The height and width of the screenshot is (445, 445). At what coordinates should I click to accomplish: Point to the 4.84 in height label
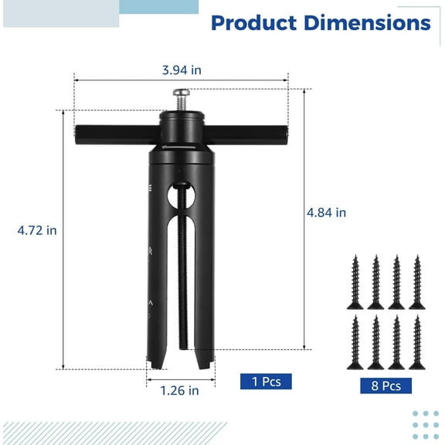[x=326, y=212]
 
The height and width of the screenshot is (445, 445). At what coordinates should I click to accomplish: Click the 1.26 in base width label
[x=179, y=390]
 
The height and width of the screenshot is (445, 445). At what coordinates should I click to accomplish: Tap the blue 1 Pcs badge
[x=266, y=381]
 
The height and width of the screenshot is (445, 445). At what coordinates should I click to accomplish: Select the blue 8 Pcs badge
[x=386, y=386]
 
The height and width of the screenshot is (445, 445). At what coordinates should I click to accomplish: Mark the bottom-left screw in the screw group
[x=356, y=341]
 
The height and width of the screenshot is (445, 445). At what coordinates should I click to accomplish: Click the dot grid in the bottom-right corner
[x=425, y=423]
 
